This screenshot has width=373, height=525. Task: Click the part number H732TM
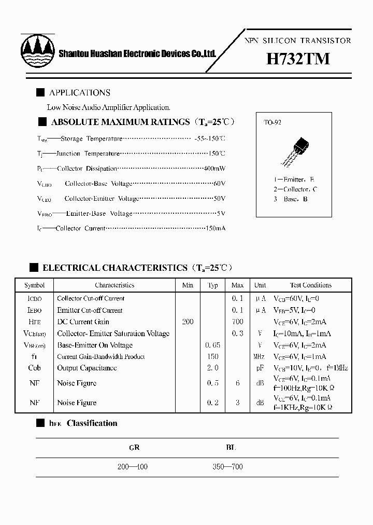(298, 59)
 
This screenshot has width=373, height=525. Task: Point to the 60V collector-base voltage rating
(220, 184)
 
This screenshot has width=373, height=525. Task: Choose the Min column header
(188, 285)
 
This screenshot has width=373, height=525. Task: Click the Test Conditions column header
(310, 285)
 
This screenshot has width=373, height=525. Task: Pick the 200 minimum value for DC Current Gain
(188, 322)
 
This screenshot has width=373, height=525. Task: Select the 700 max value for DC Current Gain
(237, 322)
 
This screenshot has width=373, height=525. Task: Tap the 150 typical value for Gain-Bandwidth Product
(212, 356)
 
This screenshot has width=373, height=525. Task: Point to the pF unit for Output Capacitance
(260, 368)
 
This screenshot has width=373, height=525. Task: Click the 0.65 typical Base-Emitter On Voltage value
(212, 345)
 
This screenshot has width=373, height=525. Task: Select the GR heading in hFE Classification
(134, 447)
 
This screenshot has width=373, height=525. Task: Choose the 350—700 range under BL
(227, 467)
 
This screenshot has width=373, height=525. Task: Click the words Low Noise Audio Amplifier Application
(108, 108)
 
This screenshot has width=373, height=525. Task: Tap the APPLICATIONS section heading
(79, 93)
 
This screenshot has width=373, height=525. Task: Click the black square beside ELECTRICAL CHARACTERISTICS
(34, 268)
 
